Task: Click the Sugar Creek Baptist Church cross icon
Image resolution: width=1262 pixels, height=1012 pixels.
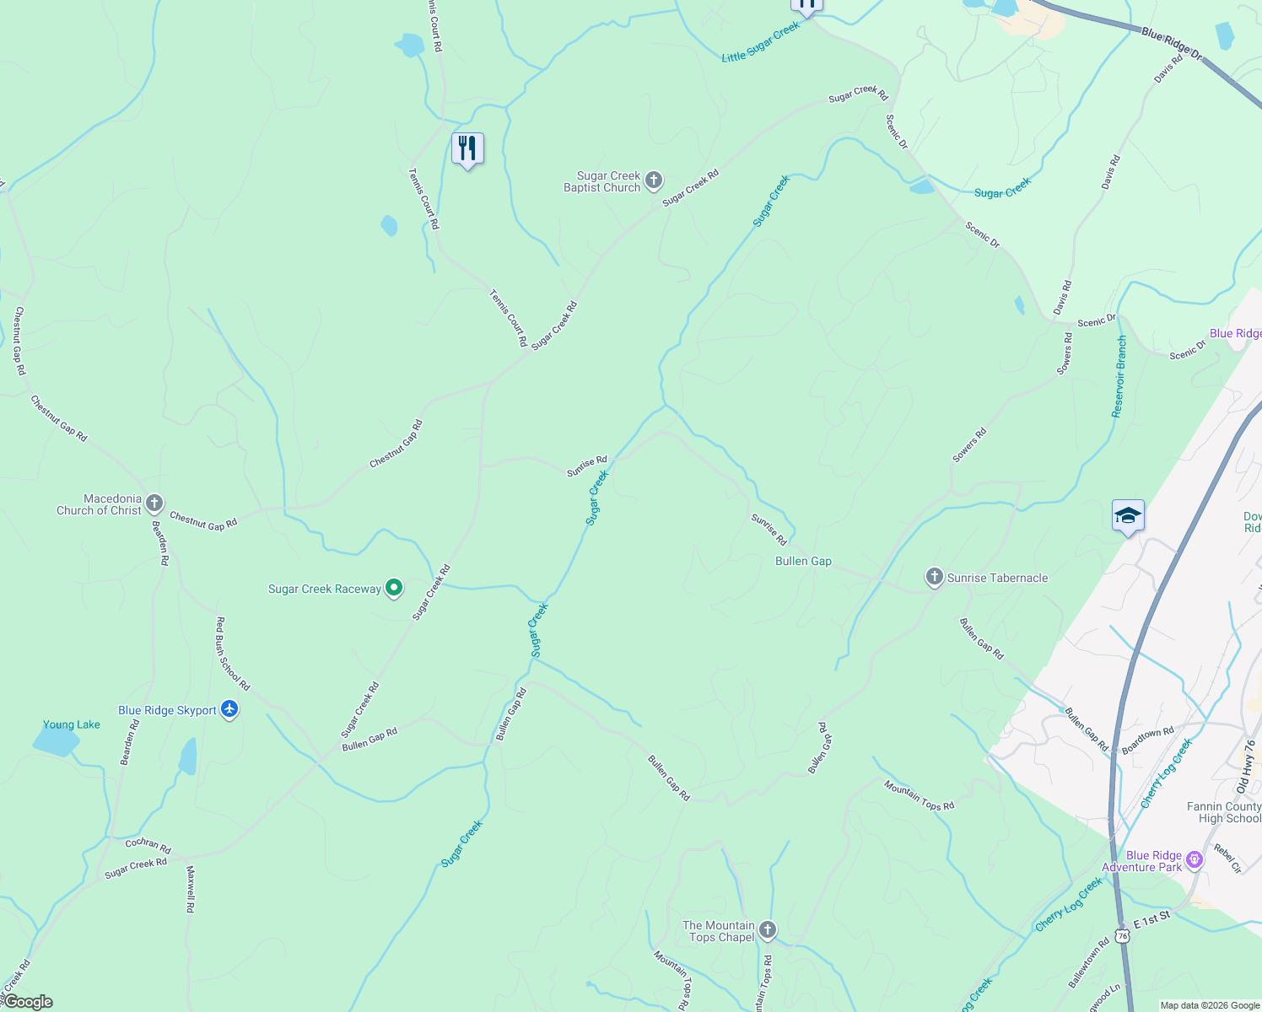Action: point(653,180)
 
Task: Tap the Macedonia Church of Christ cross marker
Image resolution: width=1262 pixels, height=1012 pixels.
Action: point(154,504)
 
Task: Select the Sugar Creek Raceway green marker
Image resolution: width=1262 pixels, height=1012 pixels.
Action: point(393,588)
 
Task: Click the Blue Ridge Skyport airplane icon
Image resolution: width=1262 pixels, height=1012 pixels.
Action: point(229,709)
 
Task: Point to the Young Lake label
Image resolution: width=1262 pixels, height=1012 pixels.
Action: point(72,724)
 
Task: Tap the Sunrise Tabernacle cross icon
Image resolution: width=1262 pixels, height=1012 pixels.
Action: point(934,577)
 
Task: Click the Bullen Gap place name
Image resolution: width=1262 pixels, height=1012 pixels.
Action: point(803,561)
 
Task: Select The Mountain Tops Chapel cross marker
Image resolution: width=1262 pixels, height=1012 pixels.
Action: point(767,930)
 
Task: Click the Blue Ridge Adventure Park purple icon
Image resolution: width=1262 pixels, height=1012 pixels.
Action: point(1194,860)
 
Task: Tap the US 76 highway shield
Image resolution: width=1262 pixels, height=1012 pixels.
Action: point(1121,936)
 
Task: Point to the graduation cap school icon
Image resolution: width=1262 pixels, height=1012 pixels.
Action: point(1128,515)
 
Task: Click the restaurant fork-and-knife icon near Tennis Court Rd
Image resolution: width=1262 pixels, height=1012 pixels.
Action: point(467,148)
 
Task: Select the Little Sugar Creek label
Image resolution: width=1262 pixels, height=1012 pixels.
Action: point(760,42)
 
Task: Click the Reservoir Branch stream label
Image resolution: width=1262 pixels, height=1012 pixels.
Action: point(1119,376)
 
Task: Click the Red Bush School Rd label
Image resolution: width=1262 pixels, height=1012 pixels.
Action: point(233,654)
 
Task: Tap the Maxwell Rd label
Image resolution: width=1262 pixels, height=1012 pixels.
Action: point(190,890)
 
